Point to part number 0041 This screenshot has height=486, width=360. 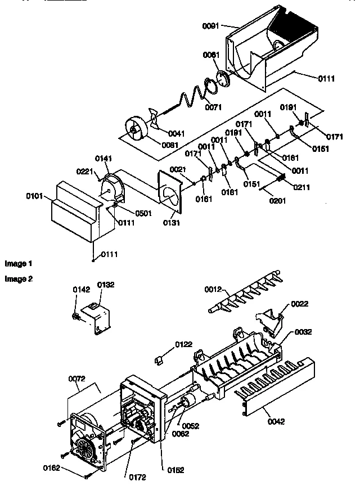[x=176, y=133]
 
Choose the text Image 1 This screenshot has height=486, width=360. [x=19, y=263]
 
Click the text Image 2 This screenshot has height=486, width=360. [x=19, y=278]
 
